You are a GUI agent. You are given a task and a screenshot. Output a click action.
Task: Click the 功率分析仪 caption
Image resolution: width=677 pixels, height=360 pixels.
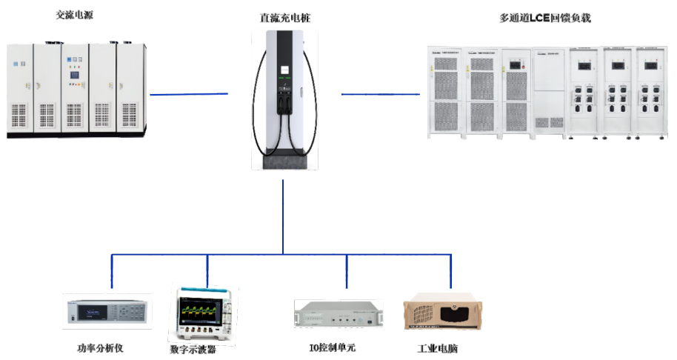pyautogui.click(x=104, y=347)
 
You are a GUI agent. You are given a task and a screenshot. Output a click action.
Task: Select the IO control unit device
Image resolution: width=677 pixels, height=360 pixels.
pyautogui.click(x=337, y=314)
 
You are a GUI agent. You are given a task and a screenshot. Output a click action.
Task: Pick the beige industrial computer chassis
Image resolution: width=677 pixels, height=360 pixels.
pyautogui.click(x=438, y=314)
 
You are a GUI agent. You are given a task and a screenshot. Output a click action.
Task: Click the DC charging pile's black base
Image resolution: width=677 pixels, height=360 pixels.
pyautogui.click(x=282, y=161)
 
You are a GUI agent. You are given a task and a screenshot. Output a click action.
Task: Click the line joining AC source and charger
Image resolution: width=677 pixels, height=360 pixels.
pyautogui.click(x=189, y=94)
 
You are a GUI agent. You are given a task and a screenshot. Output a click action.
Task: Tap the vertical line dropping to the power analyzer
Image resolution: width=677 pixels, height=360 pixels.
pyautogui.click(x=112, y=270)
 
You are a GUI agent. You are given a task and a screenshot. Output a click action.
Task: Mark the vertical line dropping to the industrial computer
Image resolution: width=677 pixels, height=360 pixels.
pyautogui.click(x=450, y=270)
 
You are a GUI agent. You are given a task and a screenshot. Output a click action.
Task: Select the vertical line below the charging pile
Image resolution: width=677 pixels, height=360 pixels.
pyautogui.click(x=283, y=215)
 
